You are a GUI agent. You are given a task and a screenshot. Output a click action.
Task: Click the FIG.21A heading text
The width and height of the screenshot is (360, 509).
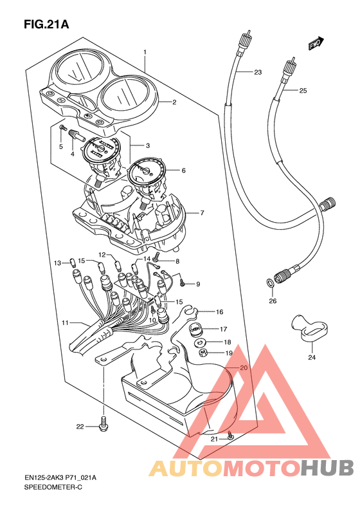(x=46, y=24)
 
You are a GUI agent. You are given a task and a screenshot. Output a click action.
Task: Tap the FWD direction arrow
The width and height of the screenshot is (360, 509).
(x=316, y=43)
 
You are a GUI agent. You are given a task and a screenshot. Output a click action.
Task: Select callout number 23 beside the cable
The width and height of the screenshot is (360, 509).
(x=258, y=72)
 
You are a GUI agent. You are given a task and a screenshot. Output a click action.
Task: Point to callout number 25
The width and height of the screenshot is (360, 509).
(x=303, y=91)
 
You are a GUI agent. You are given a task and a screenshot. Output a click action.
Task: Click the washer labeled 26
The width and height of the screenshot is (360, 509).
(x=269, y=282)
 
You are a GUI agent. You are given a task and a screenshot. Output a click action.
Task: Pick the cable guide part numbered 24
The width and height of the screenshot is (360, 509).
(x=308, y=328)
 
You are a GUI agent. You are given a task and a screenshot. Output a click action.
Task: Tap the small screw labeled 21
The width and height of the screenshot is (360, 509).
(x=230, y=436)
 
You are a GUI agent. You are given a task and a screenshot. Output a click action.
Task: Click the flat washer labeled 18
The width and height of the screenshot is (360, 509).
(x=200, y=342)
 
